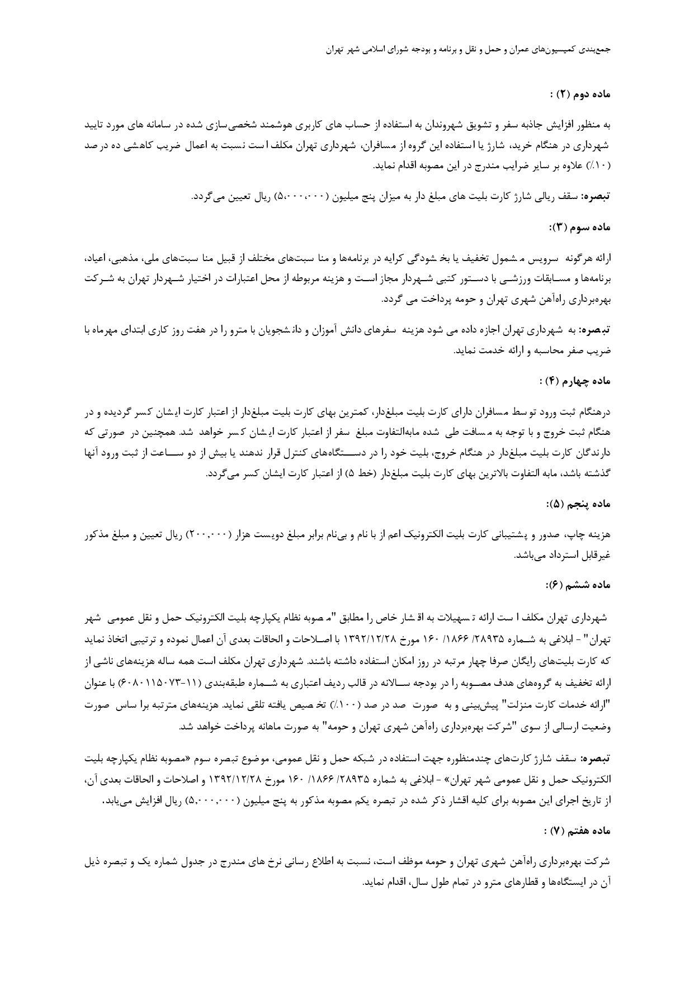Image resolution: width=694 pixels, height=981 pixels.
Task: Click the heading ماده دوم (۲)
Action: pyautogui.click(x=580, y=94)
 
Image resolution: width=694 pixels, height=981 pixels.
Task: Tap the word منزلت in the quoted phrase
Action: pyautogui.click(x=505, y=707)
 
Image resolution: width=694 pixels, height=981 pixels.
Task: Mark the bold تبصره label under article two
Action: pyautogui.click(x=596, y=197)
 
